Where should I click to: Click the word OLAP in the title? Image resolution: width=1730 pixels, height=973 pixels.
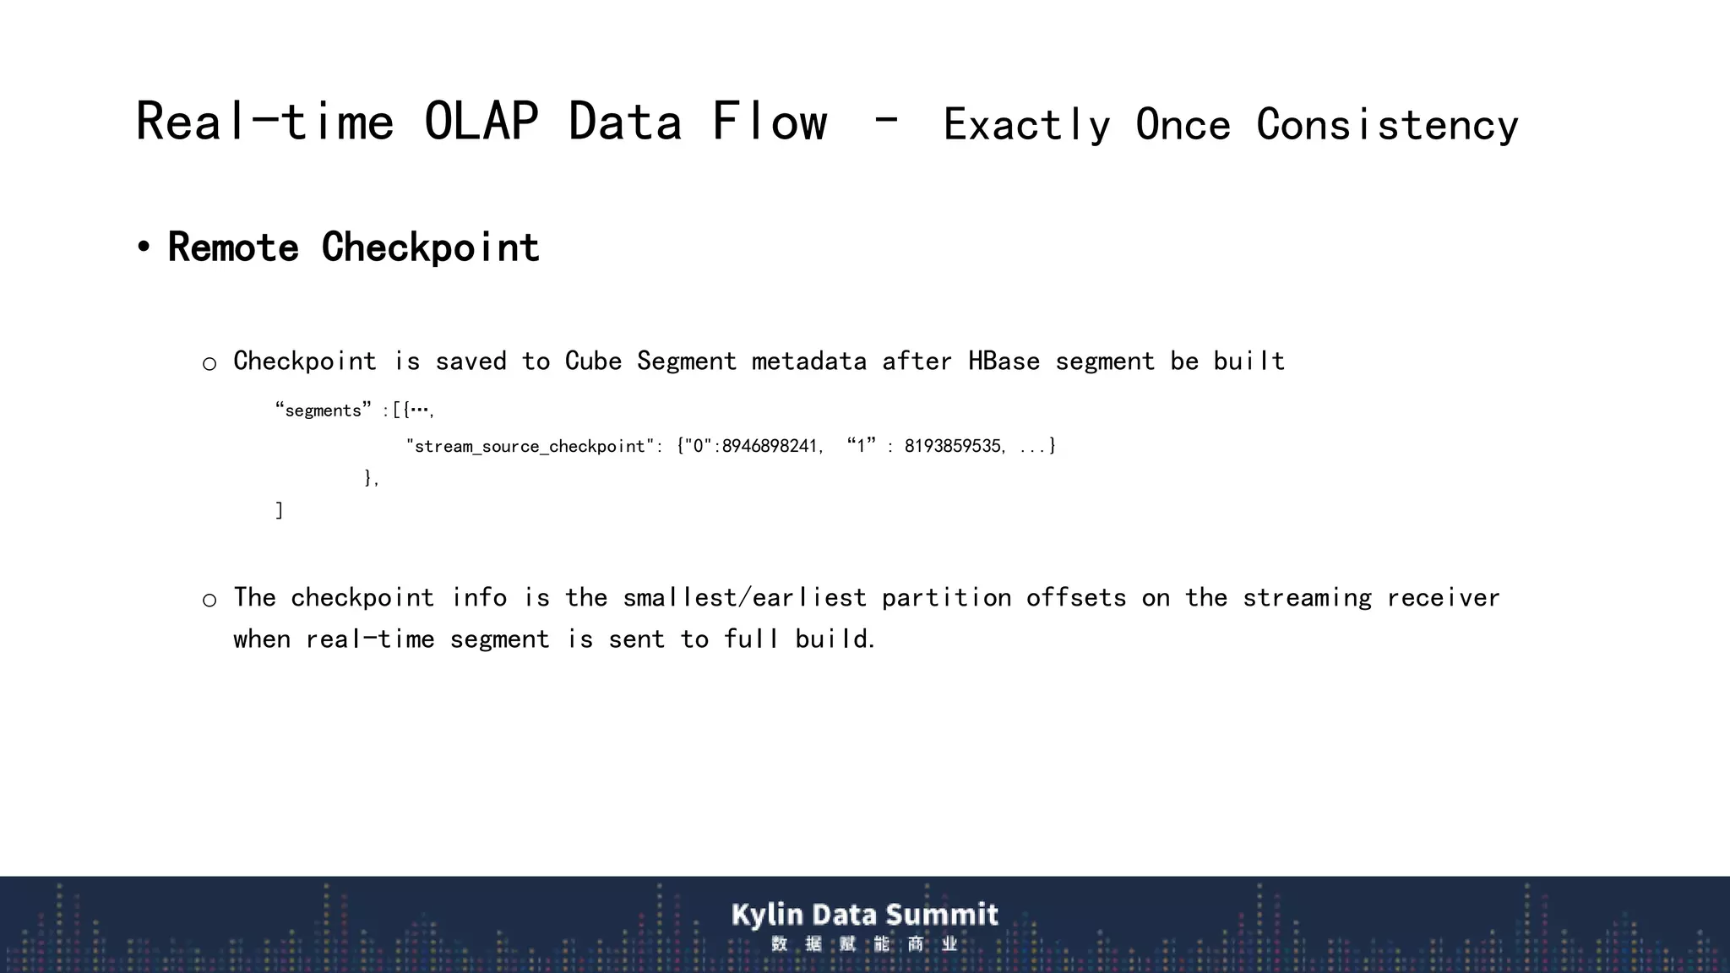tap(481, 122)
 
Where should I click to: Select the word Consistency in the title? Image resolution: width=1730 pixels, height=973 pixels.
tap(1387, 125)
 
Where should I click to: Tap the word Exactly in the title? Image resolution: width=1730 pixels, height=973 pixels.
tap(1026, 125)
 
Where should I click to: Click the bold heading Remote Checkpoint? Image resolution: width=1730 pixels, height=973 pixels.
tap(353, 247)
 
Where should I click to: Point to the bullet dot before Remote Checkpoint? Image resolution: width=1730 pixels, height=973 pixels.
tap(144, 247)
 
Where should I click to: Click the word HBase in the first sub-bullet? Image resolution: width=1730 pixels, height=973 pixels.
tap(1004, 361)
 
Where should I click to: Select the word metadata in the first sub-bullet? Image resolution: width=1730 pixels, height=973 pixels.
tap(808, 361)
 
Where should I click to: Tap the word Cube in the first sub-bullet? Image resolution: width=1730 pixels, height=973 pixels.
tap(593, 361)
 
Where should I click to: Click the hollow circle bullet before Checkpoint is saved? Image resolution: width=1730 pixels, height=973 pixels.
tap(209, 364)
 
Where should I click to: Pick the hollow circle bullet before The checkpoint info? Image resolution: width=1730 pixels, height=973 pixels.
tap(209, 601)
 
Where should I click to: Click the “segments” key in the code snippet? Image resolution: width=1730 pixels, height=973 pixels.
tap(323, 410)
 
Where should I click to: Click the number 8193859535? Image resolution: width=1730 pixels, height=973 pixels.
tap(952, 446)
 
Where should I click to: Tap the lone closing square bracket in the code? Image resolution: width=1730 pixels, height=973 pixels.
tap(279, 510)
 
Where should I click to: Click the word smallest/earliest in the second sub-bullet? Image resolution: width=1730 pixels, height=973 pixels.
tap(744, 598)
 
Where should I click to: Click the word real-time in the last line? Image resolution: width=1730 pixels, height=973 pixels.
tap(370, 639)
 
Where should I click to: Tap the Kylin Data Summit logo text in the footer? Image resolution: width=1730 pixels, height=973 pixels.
tap(864, 915)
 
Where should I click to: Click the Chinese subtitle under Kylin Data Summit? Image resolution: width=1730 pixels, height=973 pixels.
tap(864, 944)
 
